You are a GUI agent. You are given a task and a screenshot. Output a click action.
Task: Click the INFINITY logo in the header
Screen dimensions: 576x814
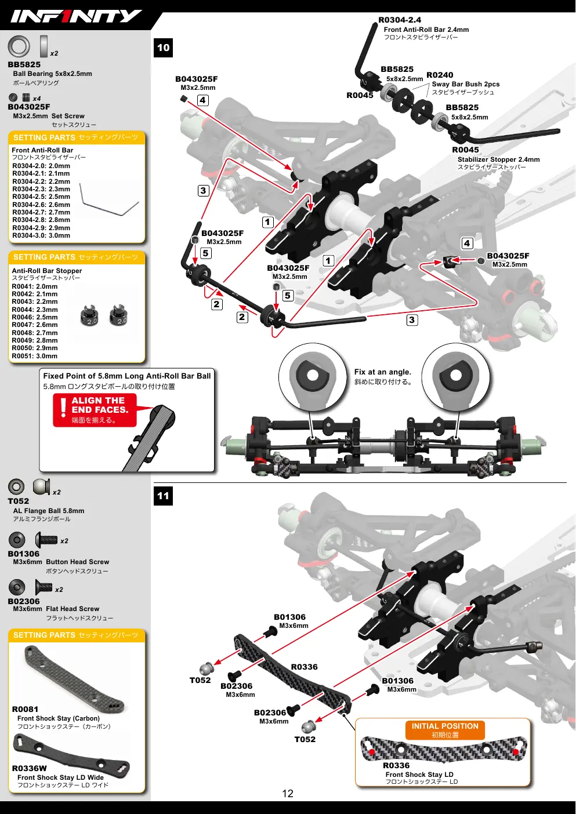click(x=75, y=16)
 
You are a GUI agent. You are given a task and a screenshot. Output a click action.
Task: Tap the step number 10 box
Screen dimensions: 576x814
click(x=163, y=48)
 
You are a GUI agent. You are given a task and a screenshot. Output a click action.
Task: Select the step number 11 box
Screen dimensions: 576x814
click(x=163, y=496)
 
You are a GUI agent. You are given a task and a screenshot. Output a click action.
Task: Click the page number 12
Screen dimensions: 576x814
click(x=288, y=793)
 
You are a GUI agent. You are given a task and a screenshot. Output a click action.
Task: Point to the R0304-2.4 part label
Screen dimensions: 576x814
click(x=400, y=20)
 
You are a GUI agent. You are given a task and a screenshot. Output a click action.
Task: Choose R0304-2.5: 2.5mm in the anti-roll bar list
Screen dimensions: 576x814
click(x=41, y=197)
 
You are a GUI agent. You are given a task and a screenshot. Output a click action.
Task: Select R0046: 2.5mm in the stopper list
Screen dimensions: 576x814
click(x=35, y=317)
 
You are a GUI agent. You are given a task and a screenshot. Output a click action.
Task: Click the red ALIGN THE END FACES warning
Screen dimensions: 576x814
click(x=95, y=410)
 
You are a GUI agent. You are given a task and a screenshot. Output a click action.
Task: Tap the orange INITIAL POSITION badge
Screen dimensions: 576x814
click(x=445, y=730)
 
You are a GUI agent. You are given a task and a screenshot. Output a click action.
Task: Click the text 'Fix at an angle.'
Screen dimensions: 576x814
click(x=382, y=372)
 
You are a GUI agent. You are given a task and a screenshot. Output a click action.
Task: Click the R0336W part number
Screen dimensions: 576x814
click(x=29, y=768)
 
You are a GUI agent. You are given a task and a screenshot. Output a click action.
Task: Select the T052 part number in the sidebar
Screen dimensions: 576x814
click(x=18, y=501)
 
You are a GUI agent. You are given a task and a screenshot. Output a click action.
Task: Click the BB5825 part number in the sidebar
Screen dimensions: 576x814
click(x=24, y=64)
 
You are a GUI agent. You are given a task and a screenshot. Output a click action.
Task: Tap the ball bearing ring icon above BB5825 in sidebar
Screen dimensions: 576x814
click(x=19, y=46)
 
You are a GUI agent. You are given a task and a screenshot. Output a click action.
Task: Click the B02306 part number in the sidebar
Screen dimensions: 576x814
click(x=24, y=601)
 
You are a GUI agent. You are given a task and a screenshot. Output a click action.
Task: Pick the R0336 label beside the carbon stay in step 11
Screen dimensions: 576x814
click(x=304, y=667)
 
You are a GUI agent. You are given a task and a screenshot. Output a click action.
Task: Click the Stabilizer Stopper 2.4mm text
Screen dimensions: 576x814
click(x=498, y=159)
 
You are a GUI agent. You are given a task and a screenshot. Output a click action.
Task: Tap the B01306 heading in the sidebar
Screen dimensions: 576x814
click(x=24, y=554)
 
